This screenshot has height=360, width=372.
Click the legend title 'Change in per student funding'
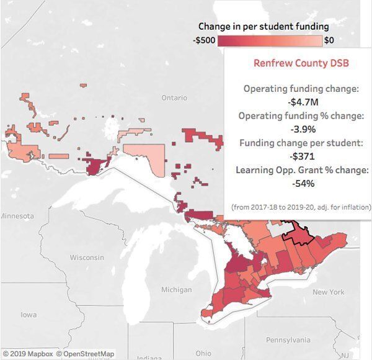263,27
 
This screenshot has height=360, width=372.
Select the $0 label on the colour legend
329,40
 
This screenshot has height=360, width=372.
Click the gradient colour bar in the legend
270,40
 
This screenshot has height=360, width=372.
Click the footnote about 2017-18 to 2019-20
301,207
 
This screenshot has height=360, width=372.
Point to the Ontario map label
174,98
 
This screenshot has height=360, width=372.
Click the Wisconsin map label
87,257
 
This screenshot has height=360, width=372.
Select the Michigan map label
176,290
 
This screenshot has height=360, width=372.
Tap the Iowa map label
29,315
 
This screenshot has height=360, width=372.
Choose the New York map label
328,292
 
